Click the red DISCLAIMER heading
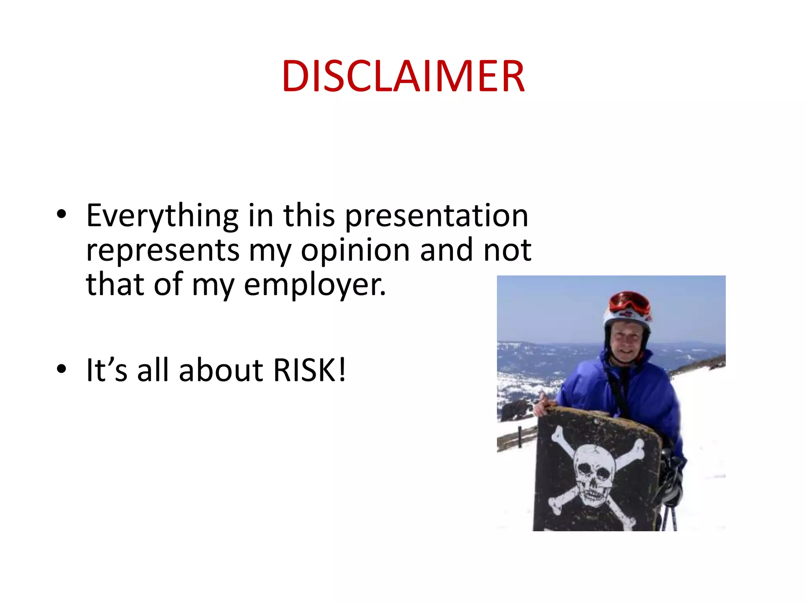coord(403,76)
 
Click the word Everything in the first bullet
coord(162,216)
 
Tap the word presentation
coord(437,216)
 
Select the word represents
coord(163,251)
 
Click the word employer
coord(315,285)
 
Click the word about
coord(221,370)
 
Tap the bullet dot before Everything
coord(61,214)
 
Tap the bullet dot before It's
coord(61,369)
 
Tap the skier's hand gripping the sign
coord(545,406)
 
